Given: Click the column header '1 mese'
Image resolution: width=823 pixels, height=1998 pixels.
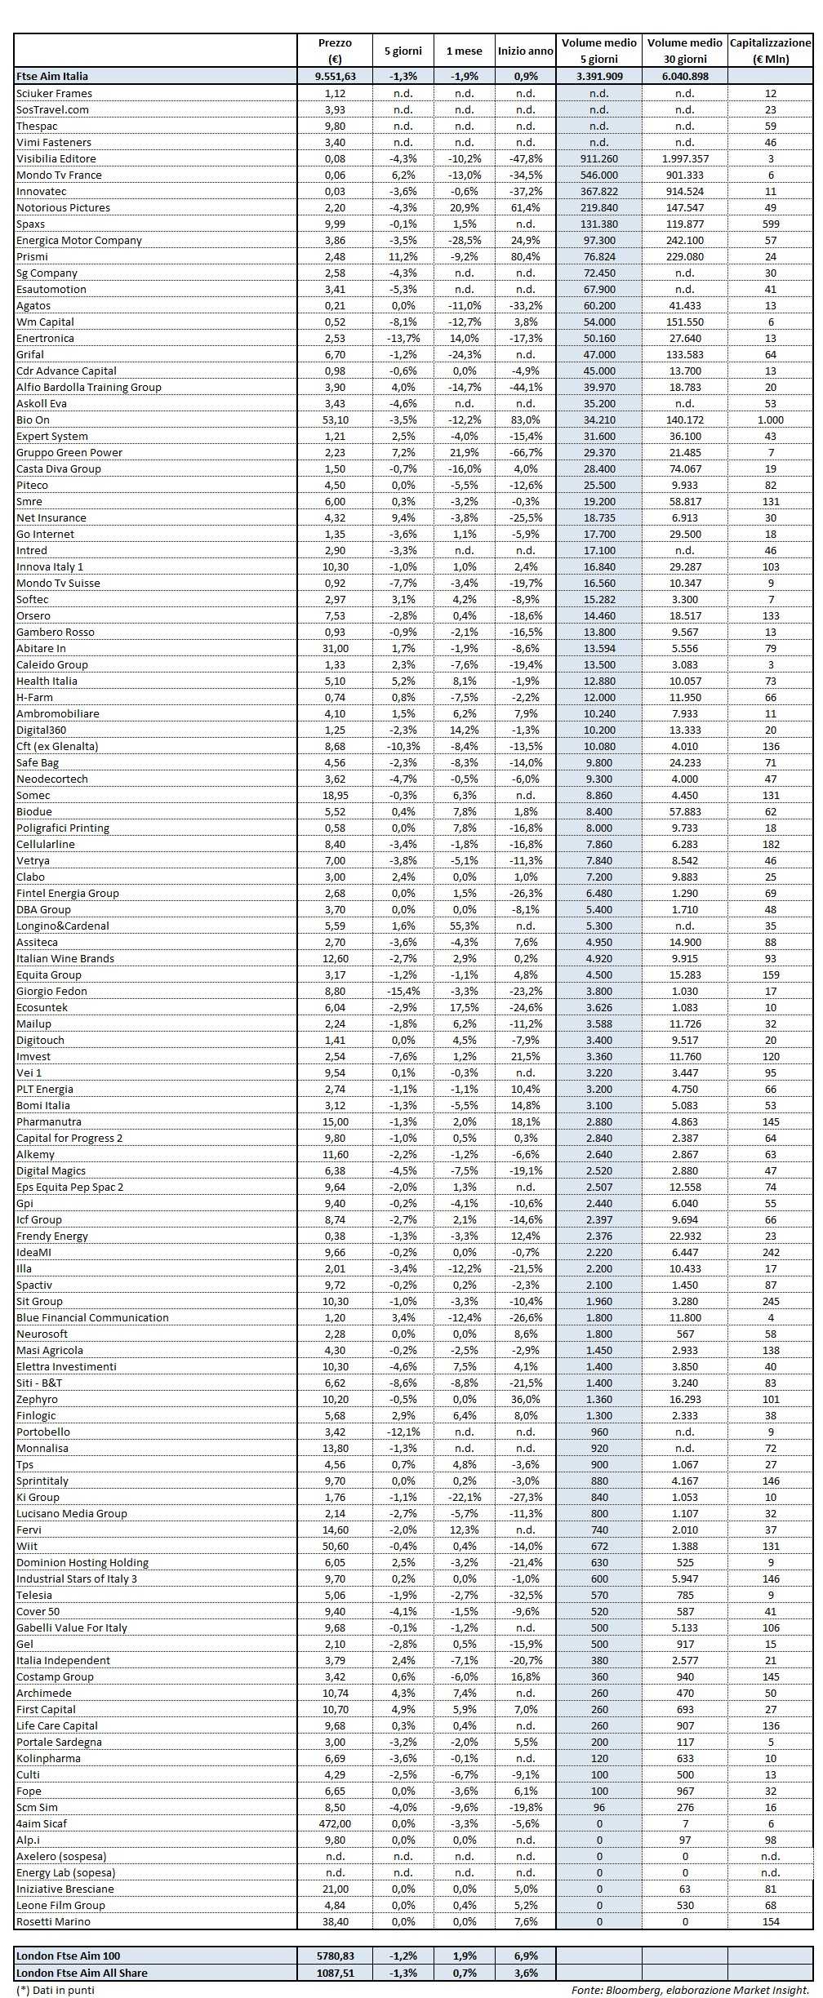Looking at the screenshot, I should tap(464, 51).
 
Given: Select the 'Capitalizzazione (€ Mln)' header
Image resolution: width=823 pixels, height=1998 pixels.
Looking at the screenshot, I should tap(770, 51).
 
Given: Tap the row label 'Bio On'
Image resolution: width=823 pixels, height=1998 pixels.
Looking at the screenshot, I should tap(33, 420).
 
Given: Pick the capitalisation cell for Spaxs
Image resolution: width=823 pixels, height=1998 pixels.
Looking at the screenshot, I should tap(770, 224).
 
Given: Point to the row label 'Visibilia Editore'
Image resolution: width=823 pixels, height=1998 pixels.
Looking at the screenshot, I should tap(56, 158).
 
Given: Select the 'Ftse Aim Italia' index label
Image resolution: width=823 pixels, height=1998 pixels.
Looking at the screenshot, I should tap(52, 76).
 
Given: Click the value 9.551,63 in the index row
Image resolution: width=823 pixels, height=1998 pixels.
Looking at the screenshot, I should tap(335, 76).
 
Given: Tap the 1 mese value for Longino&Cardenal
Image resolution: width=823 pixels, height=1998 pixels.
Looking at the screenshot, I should tap(464, 926).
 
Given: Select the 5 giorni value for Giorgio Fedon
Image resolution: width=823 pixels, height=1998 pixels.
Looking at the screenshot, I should tap(403, 991).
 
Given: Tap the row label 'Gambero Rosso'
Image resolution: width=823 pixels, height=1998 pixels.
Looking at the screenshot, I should tap(56, 632).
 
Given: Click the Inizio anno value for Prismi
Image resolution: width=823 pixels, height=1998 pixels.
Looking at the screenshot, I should tap(526, 256).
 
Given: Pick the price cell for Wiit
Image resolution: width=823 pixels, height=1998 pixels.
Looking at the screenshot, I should tap(335, 1546).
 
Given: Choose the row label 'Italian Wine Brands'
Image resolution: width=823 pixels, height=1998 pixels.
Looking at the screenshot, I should tap(65, 958).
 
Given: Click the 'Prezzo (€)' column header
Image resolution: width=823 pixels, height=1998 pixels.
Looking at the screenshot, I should tap(335, 51).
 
